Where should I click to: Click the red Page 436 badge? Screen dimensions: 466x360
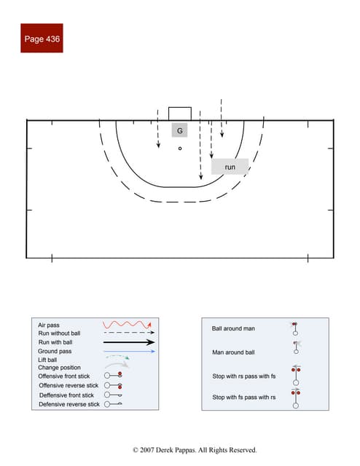tap(42, 38)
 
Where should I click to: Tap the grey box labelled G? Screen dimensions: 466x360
tap(179, 131)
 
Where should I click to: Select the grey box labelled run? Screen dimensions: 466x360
tap(230, 167)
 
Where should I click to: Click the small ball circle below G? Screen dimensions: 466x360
tap(179, 148)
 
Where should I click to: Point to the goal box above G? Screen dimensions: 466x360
tap(180, 114)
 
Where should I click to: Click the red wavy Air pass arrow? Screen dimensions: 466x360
tap(127, 323)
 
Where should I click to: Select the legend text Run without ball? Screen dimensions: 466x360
tap(60, 333)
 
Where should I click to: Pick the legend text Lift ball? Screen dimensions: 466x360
tap(48, 360)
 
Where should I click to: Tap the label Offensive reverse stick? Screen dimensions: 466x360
tap(69, 385)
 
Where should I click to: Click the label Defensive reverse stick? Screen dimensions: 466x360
tap(69, 404)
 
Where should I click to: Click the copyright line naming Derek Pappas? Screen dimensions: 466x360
tap(195, 450)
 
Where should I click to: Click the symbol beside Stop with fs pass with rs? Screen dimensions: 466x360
tap(296, 398)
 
